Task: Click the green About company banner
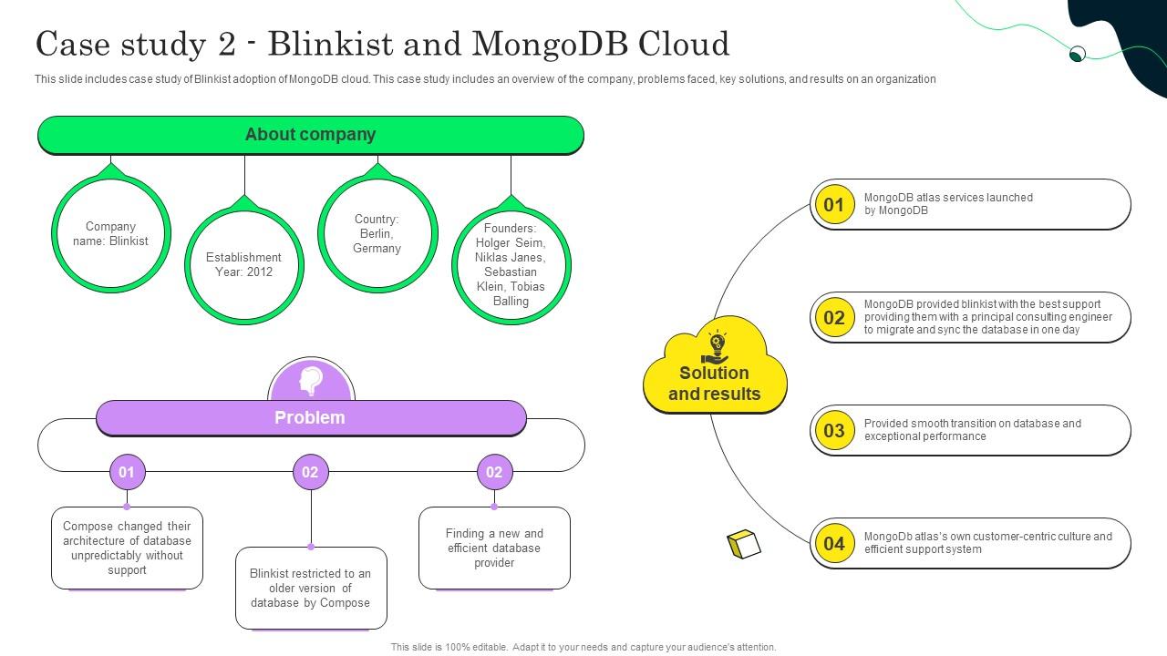click(x=310, y=135)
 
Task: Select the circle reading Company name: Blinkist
click(x=110, y=234)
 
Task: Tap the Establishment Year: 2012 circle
click(x=243, y=264)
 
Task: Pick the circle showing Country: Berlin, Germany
click(x=377, y=234)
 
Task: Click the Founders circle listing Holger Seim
click(x=511, y=264)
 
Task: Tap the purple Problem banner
click(x=310, y=418)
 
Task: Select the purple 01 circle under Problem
click(x=127, y=472)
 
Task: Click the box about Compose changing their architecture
click(x=127, y=548)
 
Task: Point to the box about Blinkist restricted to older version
click(x=311, y=588)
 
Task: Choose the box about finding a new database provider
click(x=494, y=548)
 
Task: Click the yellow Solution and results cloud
click(x=715, y=374)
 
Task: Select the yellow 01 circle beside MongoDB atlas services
click(x=833, y=205)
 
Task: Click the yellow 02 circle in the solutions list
click(x=833, y=318)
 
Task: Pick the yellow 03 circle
click(x=833, y=431)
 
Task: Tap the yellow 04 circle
click(x=833, y=544)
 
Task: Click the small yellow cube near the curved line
click(x=744, y=544)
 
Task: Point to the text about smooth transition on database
click(x=972, y=430)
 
